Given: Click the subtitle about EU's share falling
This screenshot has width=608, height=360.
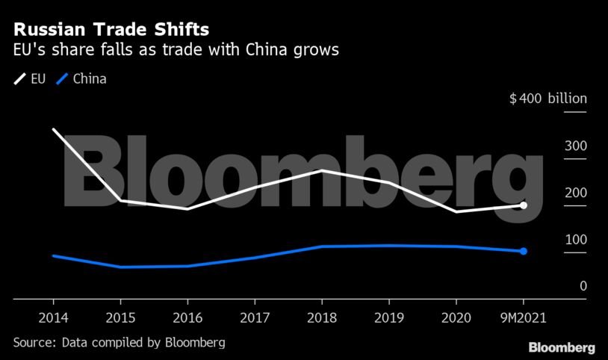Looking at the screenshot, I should tap(176, 52).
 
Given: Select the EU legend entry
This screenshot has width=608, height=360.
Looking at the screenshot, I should tap(31, 78).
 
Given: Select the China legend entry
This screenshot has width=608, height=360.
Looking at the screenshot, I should tap(81, 78).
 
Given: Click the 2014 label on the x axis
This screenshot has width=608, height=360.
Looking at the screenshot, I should tap(53, 317).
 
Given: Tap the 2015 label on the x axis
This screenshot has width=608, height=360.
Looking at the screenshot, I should tap(120, 317).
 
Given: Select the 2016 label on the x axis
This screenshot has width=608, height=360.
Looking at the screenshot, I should tap(187, 317).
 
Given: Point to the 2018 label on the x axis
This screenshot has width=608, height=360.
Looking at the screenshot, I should tap(322, 317).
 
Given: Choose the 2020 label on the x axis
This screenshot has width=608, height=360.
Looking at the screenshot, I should tap(456, 317).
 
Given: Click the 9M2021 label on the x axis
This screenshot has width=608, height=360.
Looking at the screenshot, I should tap(523, 317).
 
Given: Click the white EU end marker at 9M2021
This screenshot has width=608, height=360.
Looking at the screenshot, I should tap(524, 205).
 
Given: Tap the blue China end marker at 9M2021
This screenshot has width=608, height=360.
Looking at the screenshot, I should tap(524, 251).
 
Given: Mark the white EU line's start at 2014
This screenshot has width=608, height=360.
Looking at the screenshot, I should tap(53, 129).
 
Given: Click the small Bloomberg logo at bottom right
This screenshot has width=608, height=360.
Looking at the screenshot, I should tap(562, 348).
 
